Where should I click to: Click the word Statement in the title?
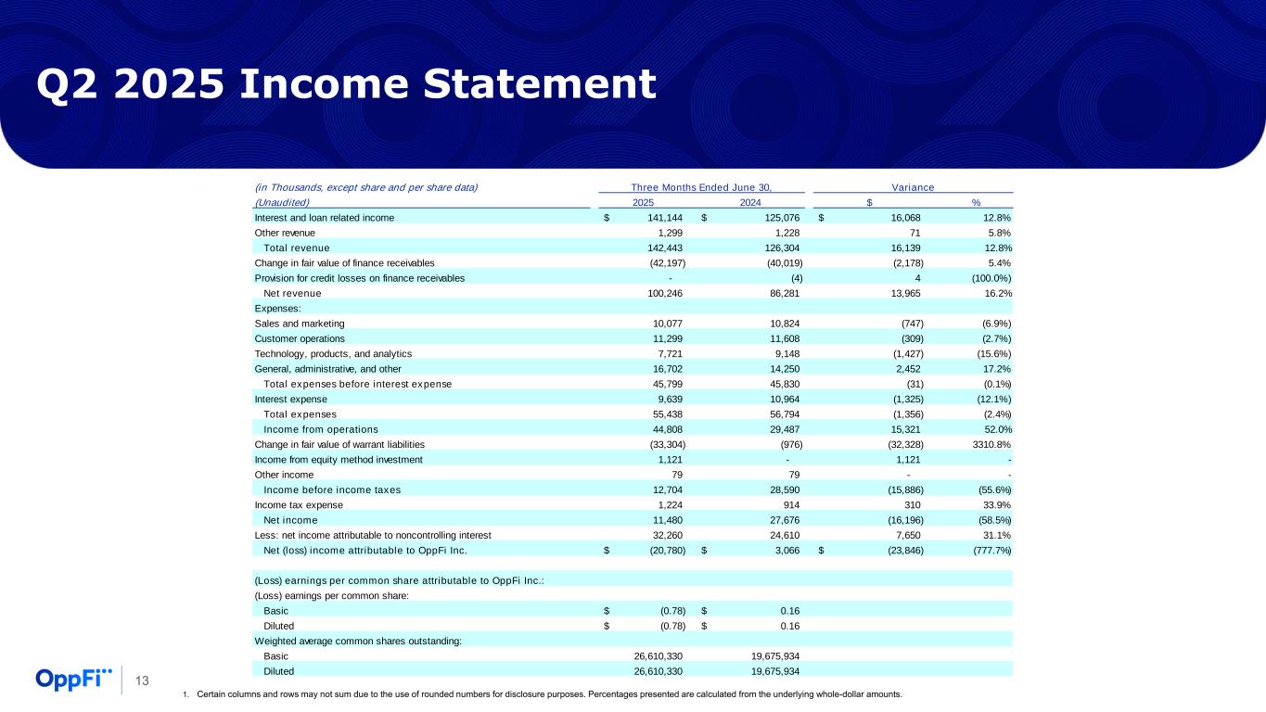(513, 84)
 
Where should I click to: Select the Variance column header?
(913, 187)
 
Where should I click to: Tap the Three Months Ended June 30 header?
(701, 187)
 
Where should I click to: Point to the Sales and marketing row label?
(300, 324)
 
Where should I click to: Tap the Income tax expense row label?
(299, 504)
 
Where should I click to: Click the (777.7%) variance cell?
(986, 550)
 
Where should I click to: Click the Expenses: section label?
(277, 308)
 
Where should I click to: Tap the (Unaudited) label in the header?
(282, 202)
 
